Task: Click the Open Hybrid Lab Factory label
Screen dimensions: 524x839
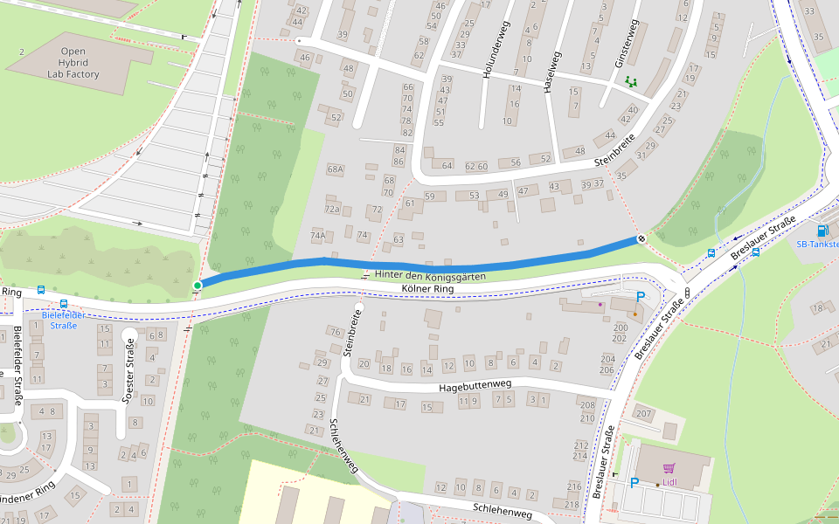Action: click(x=73, y=63)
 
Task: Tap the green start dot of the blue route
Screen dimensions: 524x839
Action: click(x=198, y=285)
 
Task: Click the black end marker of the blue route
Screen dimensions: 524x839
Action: click(x=641, y=238)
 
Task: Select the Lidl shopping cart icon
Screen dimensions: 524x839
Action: click(x=669, y=469)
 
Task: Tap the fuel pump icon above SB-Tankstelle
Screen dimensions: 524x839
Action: click(x=822, y=231)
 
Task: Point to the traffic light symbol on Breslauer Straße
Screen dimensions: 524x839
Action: click(x=689, y=292)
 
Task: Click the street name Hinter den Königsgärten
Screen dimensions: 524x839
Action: click(x=429, y=275)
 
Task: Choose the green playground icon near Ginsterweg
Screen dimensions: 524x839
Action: click(x=630, y=82)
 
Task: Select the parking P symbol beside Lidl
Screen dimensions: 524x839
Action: click(x=634, y=482)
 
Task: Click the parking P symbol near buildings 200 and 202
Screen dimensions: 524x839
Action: click(x=640, y=297)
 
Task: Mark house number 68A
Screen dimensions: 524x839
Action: click(x=335, y=169)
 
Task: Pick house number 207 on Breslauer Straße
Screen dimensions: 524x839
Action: click(x=644, y=413)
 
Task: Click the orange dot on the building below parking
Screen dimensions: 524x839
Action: click(x=634, y=314)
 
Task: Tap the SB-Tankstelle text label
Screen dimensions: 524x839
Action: click(x=816, y=245)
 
